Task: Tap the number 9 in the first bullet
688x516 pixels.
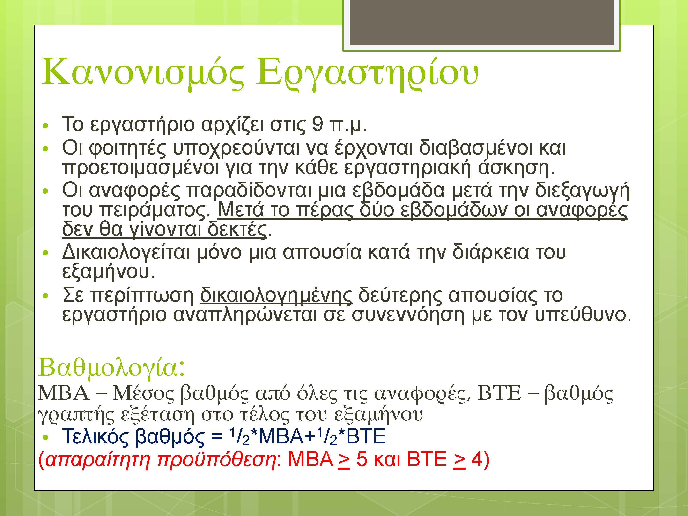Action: tap(318, 124)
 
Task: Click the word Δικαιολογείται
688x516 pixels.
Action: tap(126, 252)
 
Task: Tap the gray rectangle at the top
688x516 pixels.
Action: tap(481, 22)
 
